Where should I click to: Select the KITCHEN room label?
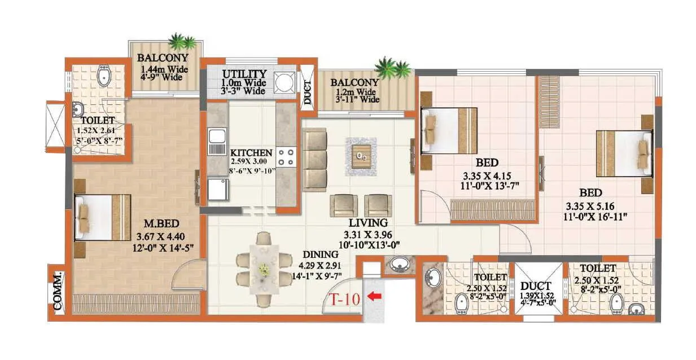click(251, 153)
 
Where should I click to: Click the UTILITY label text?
click(244, 74)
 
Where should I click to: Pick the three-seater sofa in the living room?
click(314, 159)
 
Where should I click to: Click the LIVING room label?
click(367, 223)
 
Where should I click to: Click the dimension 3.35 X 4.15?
click(490, 174)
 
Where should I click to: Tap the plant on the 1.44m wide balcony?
click(183, 42)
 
